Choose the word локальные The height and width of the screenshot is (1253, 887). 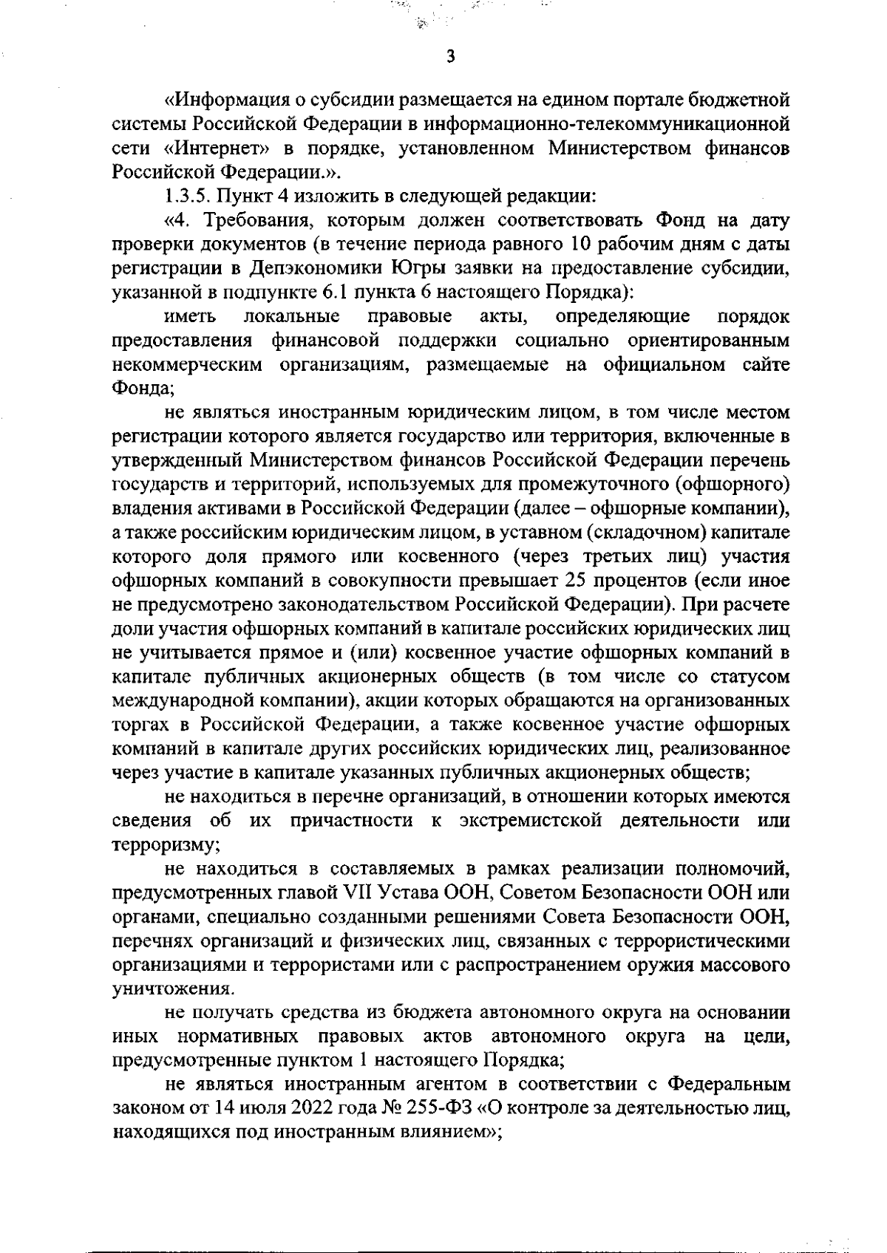[291, 317]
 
